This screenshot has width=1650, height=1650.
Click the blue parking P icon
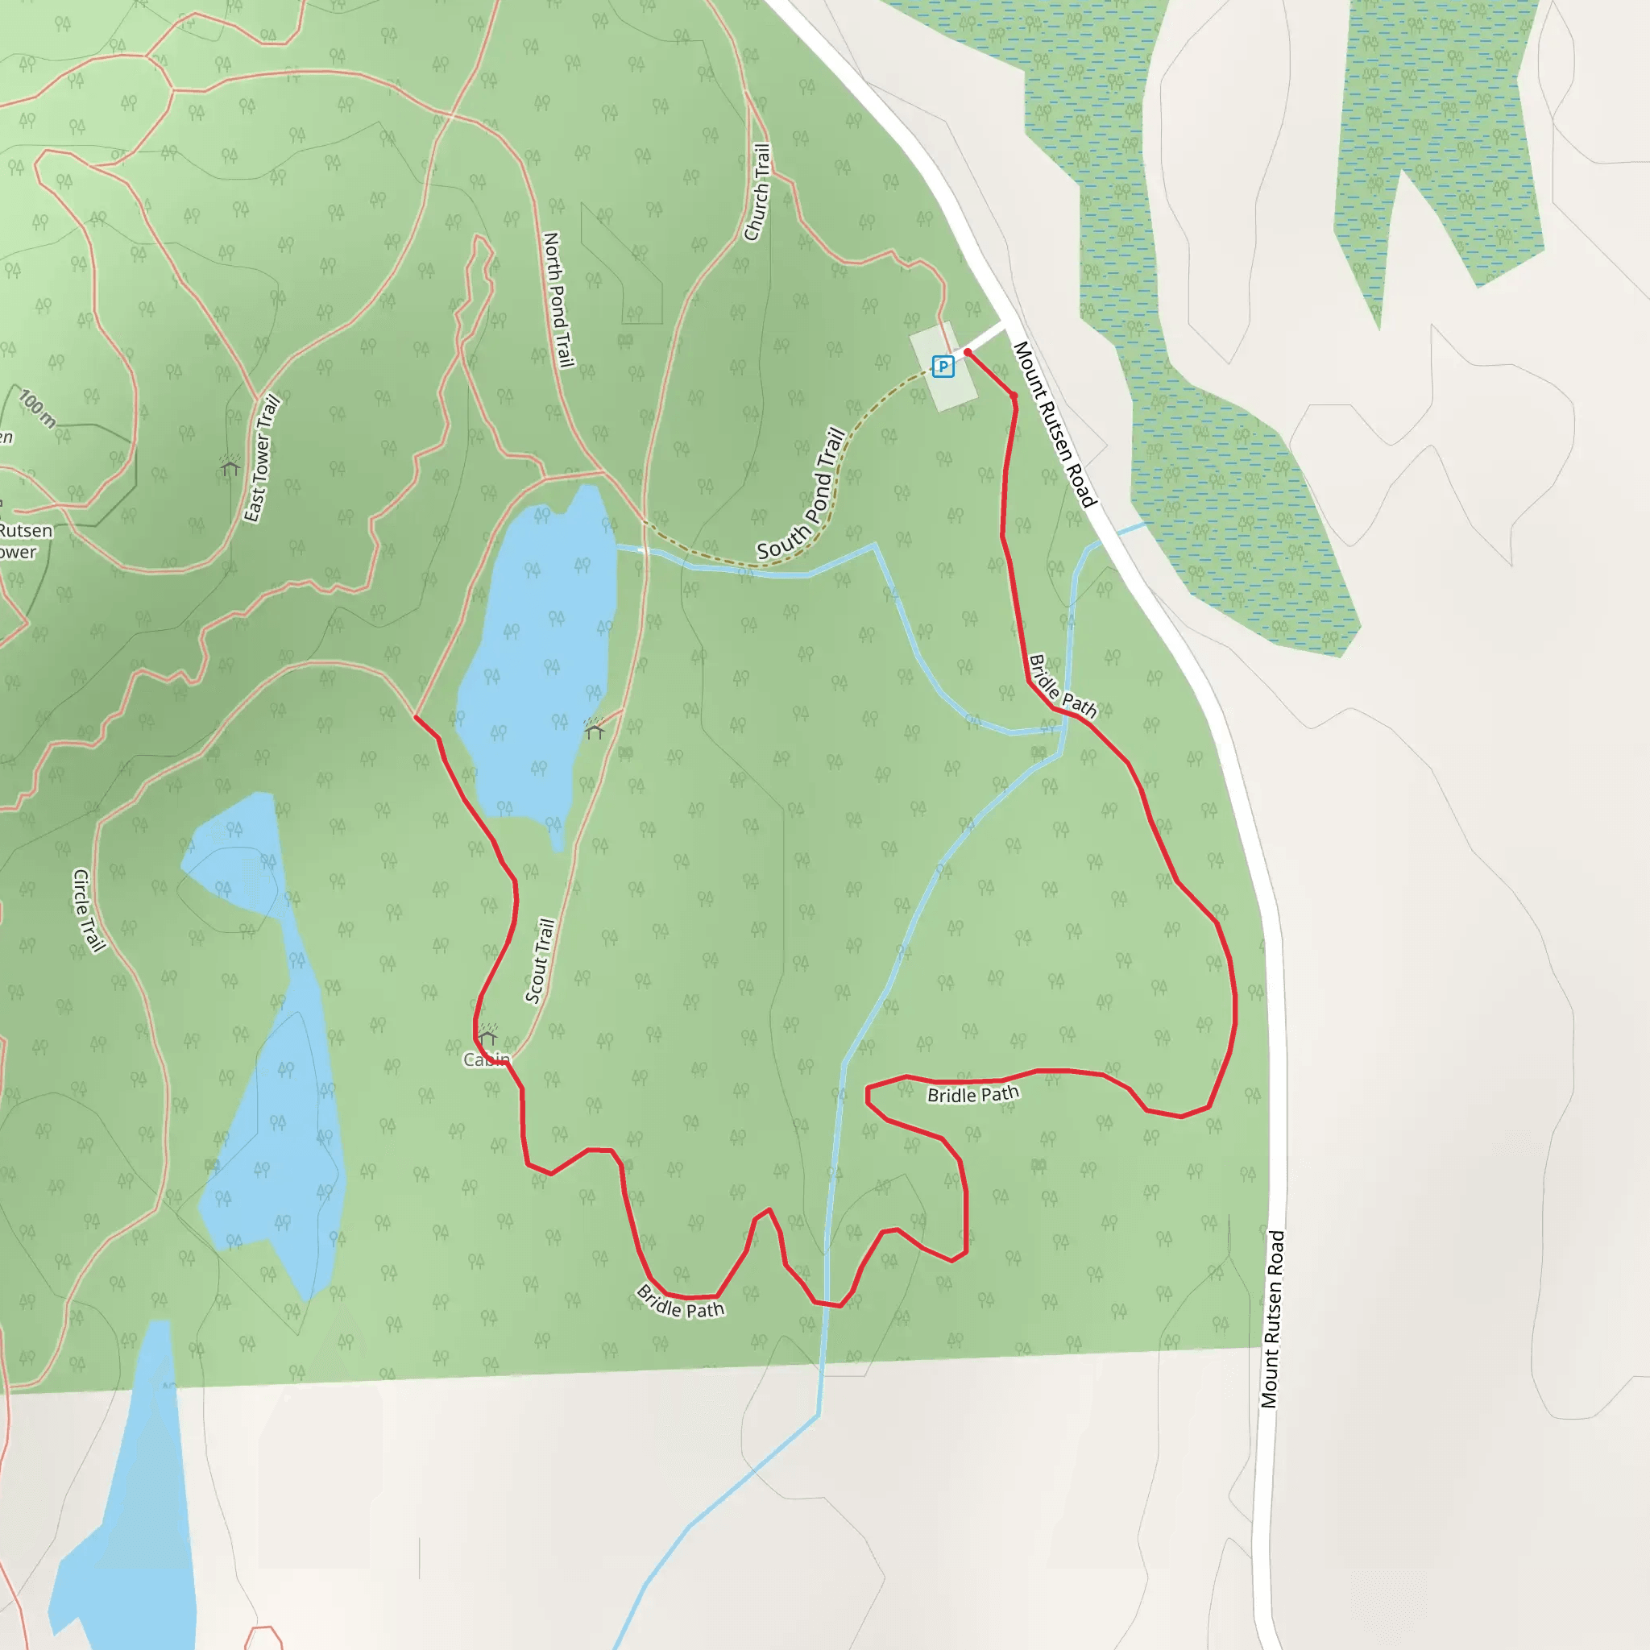tap(943, 367)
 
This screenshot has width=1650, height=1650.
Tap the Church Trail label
tap(757, 193)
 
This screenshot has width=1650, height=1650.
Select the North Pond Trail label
tap(557, 300)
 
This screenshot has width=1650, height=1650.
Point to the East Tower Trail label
tap(262, 458)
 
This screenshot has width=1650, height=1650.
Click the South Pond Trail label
tap(801, 495)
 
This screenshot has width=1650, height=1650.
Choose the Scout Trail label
tap(541, 961)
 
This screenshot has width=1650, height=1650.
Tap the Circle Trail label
tap(89, 910)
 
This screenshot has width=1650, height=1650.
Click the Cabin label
tap(486, 1060)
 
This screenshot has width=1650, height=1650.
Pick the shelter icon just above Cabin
tap(487, 1036)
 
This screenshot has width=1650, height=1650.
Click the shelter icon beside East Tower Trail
tap(230, 466)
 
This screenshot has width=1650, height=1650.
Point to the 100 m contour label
tap(38, 408)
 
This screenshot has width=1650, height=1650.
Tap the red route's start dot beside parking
tap(968, 352)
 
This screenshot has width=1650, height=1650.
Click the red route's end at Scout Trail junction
tap(416, 716)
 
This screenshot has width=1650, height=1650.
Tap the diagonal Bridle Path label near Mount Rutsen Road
tap(1062, 686)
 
